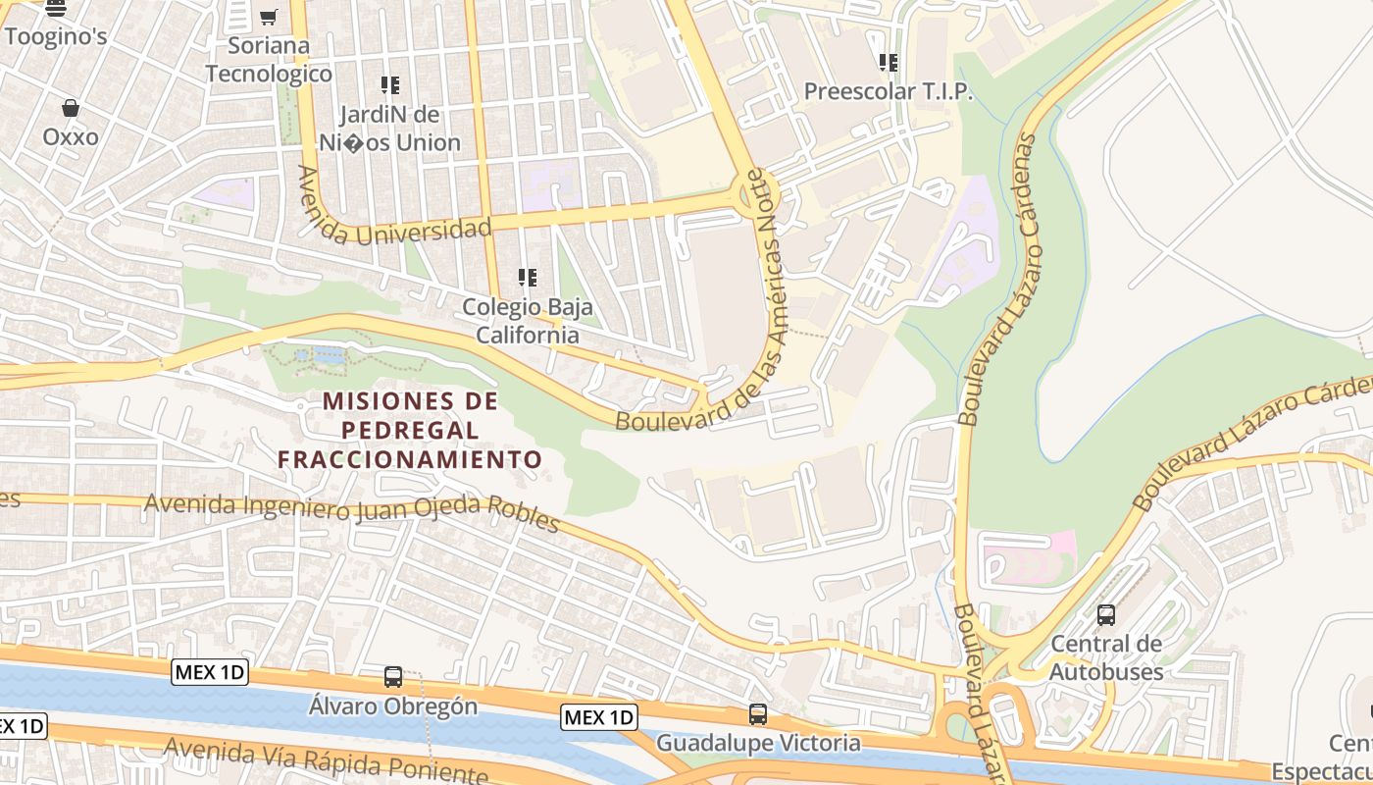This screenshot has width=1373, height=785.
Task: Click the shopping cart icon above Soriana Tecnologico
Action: (x=269, y=17)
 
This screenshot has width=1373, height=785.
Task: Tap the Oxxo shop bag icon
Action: (x=71, y=107)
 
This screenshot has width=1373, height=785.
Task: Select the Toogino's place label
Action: (x=55, y=36)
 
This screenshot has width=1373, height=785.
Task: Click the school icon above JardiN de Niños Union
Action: (x=390, y=85)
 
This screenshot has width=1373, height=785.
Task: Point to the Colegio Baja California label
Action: (x=528, y=321)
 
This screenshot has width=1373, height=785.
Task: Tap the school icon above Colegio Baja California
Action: (x=528, y=278)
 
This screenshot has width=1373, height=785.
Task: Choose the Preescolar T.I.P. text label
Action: (x=889, y=91)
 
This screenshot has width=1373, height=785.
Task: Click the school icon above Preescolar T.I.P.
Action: (x=889, y=63)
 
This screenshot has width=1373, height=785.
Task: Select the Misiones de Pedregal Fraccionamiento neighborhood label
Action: (x=410, y=430)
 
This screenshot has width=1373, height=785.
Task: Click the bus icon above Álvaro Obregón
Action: (x=393, y=676)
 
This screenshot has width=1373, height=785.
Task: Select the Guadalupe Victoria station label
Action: (x=758, y=743)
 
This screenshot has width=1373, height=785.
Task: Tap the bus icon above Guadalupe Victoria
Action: (x=758, y=713)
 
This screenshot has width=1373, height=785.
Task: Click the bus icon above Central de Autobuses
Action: (x=1106, y=615)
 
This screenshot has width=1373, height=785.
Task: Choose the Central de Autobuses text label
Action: (x=1106, y=657)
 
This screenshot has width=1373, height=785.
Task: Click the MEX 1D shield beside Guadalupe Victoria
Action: (x=599, y=717)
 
